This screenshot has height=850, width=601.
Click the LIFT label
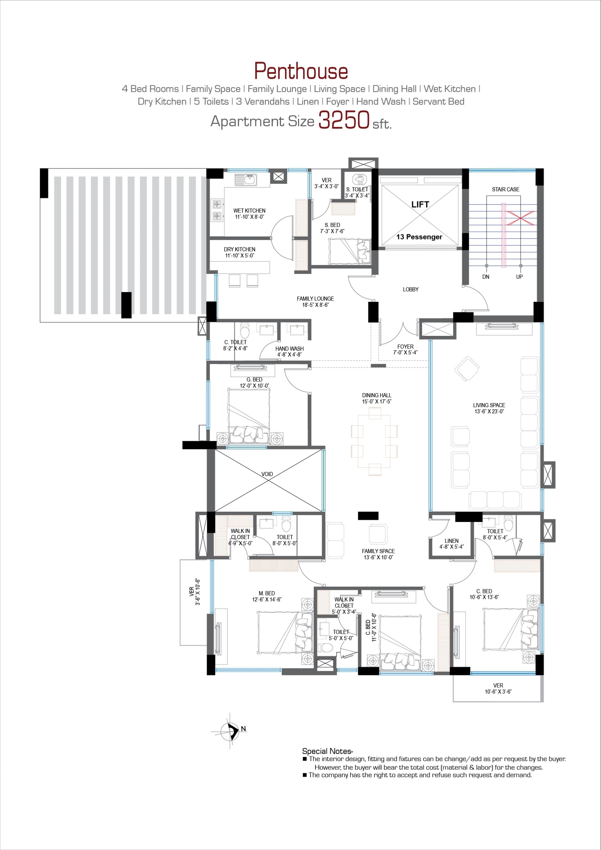420,204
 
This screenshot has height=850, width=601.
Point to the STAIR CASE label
506,189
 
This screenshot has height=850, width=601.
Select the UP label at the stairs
519,277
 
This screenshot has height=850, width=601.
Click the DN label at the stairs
486,277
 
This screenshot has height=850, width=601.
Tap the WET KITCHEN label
249,211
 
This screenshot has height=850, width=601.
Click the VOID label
267,474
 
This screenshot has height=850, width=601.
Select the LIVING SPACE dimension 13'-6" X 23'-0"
489,411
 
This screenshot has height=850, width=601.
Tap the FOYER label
405,347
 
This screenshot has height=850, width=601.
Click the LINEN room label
451,541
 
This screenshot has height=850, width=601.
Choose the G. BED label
254,380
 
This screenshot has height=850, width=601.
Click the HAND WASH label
290,349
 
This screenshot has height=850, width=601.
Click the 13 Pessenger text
419,237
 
